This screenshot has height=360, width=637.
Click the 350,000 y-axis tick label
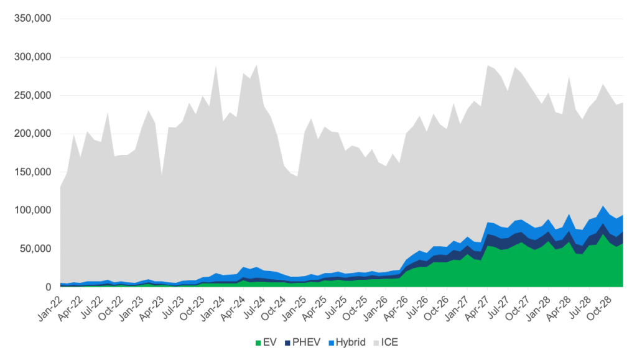tap(31, 19)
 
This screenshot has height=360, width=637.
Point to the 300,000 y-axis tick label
tap(31, 57)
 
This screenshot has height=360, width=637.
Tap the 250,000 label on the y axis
tap(31, 96)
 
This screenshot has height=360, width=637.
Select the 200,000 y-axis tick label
tap(31, 134)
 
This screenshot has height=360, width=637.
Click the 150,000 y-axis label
tap(31, 172)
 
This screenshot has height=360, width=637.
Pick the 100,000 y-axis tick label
tap(31, 210)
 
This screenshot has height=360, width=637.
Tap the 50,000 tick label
tap(34, 249)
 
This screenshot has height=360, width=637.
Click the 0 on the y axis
tap(47, 287)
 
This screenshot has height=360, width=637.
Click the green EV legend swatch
tap(258, 342)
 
